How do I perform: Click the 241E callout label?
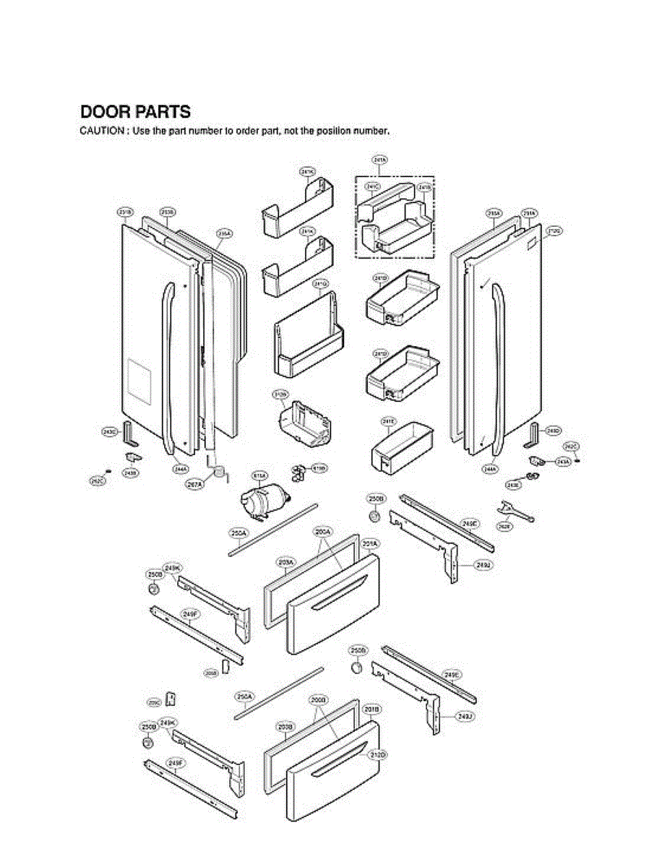pyautogui.click(x=388, y=420)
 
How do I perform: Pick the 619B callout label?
pyautogui.click(x=319, y=468)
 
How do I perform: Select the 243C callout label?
pyautogui.click(x=109, y=431)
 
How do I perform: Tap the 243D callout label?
pyautogui.click(x=552, y=431)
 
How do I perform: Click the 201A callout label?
pyautogui.click(x=371, y=543)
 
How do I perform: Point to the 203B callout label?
pyautogui.click(x=285, y=726)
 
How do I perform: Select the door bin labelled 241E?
pyautogui.click(x=402, y=449)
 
